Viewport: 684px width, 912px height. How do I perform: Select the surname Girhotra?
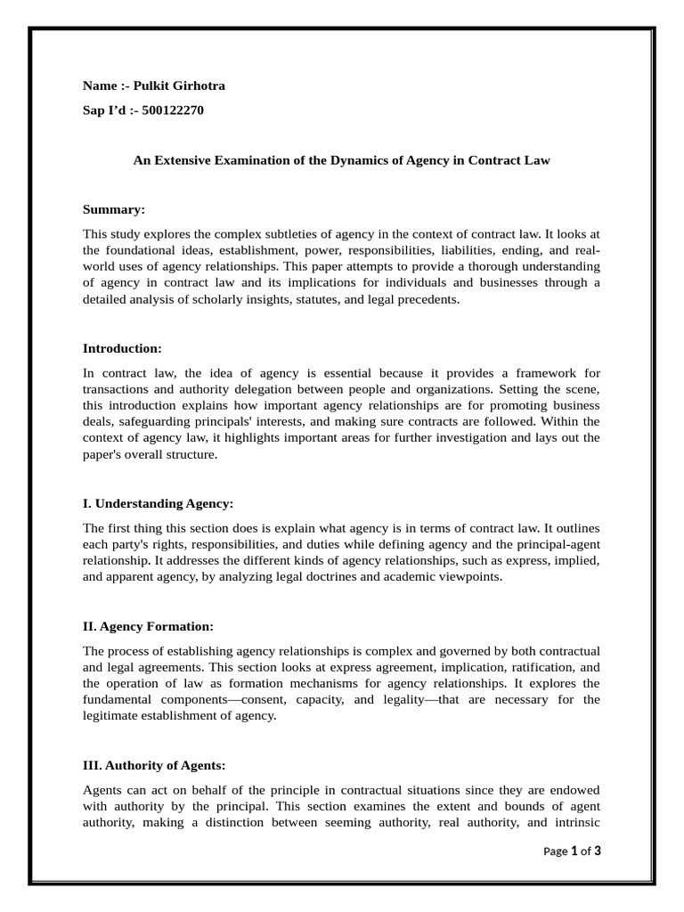click(198, 85)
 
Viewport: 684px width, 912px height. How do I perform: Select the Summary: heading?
click(113, 209)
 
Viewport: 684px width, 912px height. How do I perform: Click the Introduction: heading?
click(122, 347)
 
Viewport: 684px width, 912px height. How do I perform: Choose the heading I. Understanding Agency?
click(158, 503)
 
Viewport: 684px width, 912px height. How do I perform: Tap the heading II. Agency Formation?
click(148, 626)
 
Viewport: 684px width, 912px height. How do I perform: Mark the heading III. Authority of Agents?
click(154, 765)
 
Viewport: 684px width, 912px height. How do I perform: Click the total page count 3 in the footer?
click(598, 851)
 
